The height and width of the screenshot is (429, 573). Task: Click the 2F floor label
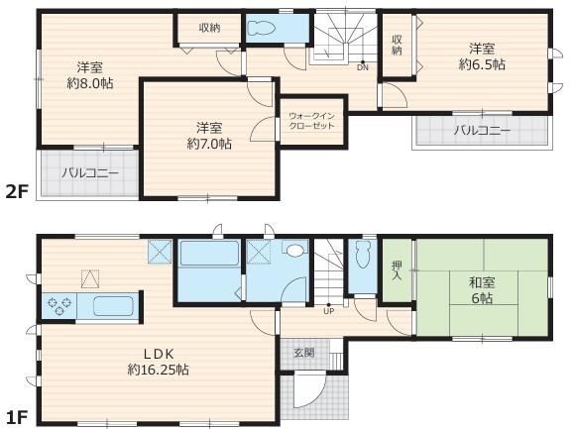17,191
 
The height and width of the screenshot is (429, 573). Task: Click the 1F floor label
17,417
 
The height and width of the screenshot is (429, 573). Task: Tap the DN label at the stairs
363,67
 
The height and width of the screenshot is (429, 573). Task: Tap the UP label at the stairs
329,311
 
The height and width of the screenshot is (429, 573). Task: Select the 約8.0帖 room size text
90,84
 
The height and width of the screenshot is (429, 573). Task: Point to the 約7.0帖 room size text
209,145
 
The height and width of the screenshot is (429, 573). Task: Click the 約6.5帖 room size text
482,64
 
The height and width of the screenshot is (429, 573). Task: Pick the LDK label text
159,354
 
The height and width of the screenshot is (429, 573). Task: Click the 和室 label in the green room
482,282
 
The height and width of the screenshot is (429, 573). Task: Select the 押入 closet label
397,270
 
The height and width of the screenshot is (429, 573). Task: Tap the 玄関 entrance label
304,353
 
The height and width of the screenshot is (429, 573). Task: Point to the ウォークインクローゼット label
311,121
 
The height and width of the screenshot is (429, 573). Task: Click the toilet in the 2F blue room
261,28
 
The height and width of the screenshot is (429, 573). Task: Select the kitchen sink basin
113,306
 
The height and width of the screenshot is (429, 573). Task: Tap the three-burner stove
59,306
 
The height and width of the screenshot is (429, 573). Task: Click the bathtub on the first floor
209,253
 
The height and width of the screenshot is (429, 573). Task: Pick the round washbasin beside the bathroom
295,250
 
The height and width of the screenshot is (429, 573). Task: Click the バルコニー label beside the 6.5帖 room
482,131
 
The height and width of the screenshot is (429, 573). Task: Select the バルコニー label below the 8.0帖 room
90,172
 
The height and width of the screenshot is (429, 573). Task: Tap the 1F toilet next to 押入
362,254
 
